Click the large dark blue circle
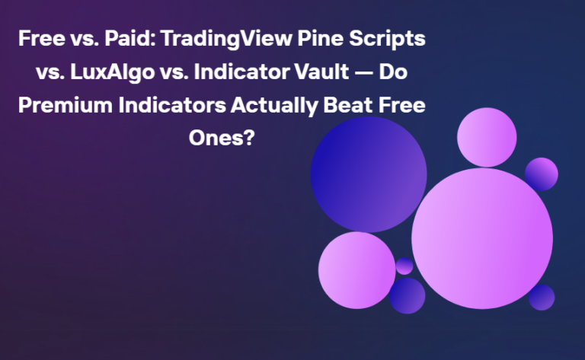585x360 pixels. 369,174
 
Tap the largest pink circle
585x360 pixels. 481,237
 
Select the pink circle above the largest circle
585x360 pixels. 487,137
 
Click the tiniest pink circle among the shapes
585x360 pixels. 404,266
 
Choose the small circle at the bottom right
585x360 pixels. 542,297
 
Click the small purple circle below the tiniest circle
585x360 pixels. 408,295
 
